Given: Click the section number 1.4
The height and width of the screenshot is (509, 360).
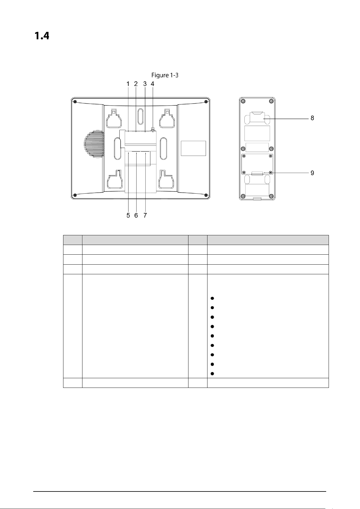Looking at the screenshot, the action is pyautogui.click(x=42, y=36).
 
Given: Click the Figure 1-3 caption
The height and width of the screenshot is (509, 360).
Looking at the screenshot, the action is pyautogui.click(x=165, y=75).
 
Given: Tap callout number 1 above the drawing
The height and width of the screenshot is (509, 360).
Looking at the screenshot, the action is pyautogui.click(x=128, y=84).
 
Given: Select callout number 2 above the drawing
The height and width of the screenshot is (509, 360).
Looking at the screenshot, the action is pyautogui.click(x=136, y=84).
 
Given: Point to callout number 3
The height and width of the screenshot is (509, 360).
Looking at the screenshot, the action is pyautogui.click(x=145, y=84).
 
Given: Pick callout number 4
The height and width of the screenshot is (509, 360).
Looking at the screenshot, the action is pyautogui.click(x=153, y=84).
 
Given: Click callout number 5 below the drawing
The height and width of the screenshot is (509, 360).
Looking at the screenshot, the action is pyautogui.click(x=128, y=215).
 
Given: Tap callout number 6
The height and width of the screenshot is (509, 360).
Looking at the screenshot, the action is pyautogui.click(x=136, y=215).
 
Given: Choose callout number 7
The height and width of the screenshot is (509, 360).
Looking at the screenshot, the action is pyautogui.click(x=145, y=215).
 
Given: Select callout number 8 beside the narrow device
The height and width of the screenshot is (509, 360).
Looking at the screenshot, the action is pyautogui.click(x=312, y=118).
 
